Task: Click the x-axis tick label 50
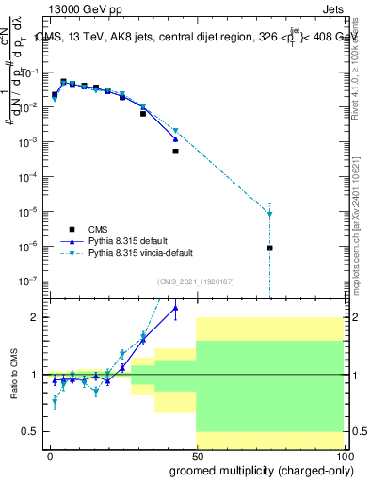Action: click(196, 456)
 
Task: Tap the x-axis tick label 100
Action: click(343, 456)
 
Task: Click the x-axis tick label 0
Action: click(50, 456)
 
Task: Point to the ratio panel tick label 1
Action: click(35, 375)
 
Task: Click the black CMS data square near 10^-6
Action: click(270, 248)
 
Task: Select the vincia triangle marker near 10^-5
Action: click(270, 214)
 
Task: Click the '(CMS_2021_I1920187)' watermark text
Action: click(195, 281)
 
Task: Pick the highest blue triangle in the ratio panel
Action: click(175, 308)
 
